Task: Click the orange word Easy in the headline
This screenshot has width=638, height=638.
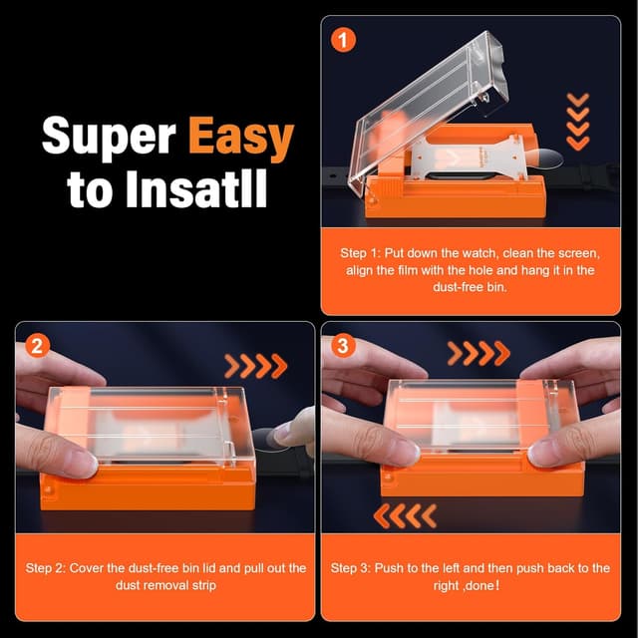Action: [x=240, y=139]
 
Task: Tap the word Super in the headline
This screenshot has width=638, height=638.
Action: [x=111, y=139]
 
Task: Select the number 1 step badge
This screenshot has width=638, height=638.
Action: [x=344, y=41]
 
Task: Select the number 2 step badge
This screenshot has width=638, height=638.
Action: [x=37, y=346]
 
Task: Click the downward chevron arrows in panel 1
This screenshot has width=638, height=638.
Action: [x=576, y=120]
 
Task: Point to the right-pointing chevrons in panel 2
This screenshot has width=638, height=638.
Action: [x=256, y=366]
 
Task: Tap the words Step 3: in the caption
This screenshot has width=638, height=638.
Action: [x=351, y=568]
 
